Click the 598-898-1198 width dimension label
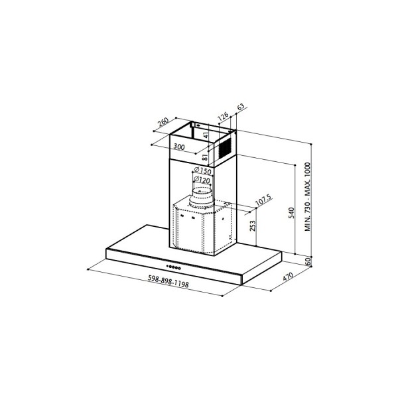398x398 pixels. click(x=168, y=281)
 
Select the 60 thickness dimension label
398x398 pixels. click(x=308, y=261)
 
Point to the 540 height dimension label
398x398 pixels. click(x=291, y=213)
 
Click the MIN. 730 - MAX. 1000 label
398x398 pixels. click(x=308, y=197)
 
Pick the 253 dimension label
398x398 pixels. click(x=253, y=226)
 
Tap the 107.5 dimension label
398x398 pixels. click(x=263, y=200)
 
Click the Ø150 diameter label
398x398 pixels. click(x=202, y=170)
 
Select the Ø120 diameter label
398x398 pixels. click(x=202, y=180)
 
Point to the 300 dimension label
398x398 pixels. click(x=179, y=147)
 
